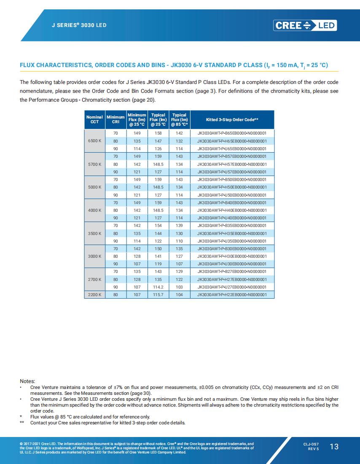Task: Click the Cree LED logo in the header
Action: coord(305,25)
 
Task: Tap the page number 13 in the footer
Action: coord(334,447)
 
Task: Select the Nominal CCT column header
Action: coord(94,119)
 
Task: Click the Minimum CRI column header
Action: coord(116,119)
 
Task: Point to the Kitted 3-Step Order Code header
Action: coord(232,120)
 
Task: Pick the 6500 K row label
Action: coord(94,141)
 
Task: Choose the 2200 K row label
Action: coord(94,294)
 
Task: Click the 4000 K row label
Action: coord(94,210)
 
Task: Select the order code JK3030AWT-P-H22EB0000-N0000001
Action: coord(232,294)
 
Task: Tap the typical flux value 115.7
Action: coord(158,294)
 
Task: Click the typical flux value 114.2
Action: coord(158,287)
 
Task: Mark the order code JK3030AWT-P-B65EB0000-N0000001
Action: coord(232,133)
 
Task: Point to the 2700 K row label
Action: coord(94,279)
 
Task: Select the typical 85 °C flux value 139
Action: coord(179,226)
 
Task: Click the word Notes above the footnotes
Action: coord(27,381)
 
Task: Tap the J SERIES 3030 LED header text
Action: coord(79,25)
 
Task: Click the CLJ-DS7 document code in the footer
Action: coord(311,444)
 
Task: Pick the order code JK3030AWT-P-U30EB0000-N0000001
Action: coord(232,264)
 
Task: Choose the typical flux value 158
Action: coord(158,133)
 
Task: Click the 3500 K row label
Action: coord(94,233)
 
